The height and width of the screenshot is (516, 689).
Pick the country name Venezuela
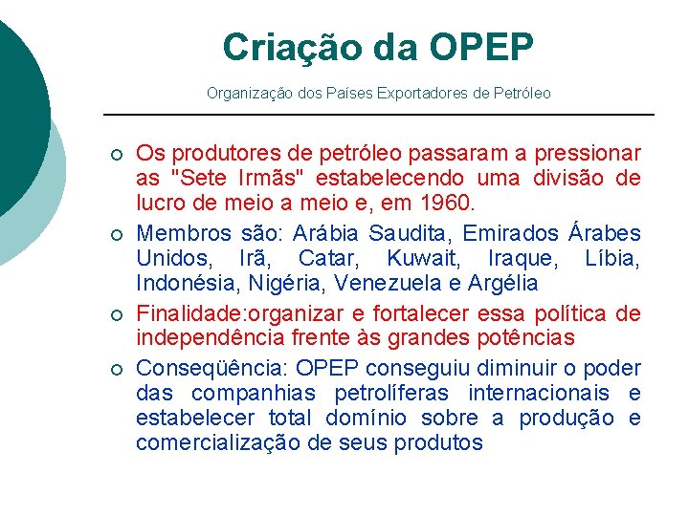pos(415,283)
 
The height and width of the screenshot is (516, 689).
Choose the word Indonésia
pos(189,283)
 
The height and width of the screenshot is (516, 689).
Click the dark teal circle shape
pos(14,105)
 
